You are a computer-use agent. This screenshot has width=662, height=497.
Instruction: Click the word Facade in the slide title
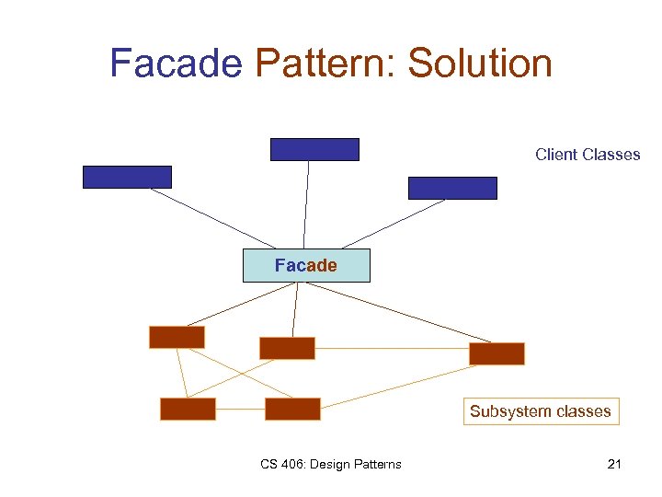coord(176,64)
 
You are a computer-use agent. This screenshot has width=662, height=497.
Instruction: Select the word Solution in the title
coord(480,64)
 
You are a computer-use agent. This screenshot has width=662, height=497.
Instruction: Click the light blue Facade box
coord(306,265)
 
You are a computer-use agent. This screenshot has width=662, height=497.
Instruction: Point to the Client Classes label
coord(588,155)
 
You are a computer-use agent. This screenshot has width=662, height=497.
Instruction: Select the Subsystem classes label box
coord(540,411)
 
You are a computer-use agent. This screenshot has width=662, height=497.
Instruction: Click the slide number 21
coord(614,464)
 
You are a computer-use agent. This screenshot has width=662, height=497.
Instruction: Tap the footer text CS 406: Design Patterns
coord(330,464)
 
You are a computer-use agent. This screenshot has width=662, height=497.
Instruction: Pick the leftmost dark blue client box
coord(127,177)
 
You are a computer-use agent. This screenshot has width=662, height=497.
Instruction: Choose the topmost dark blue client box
coord(314,149)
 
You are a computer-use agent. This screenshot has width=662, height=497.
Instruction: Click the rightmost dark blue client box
coord(452,188)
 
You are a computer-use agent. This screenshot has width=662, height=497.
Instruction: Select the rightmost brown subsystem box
coord(496,353)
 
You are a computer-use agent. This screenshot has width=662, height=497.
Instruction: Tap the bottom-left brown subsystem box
coord(188,409)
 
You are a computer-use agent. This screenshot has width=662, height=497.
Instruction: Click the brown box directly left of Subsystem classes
coord(292,409)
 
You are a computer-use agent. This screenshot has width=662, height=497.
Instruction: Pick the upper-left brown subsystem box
coord(177,337)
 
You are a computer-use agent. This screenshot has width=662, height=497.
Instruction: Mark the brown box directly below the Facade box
coord(287,348)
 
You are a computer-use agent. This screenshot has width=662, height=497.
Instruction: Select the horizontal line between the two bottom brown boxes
coord(240,409)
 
